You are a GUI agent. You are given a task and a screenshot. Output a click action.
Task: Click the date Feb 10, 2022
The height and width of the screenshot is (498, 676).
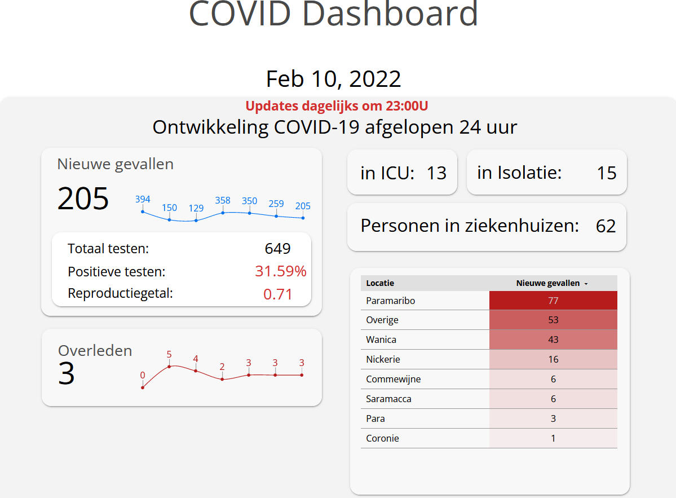[x=333, y=79]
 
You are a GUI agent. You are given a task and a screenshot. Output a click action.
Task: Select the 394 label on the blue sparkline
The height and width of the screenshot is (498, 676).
[x=143, y=199]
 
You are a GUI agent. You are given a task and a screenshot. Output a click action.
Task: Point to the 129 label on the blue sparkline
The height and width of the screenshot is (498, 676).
[x=196, y=208]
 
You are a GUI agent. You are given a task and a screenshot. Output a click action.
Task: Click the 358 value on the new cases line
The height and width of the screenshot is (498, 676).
[x=223, y=201]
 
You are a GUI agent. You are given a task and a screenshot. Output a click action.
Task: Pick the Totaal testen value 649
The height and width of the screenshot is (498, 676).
[x=277, y=249]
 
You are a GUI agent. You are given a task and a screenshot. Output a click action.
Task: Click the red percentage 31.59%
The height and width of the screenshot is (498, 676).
[x=281, y=271]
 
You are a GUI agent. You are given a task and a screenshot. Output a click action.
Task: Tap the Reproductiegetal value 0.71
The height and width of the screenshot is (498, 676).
[x=278, y=294]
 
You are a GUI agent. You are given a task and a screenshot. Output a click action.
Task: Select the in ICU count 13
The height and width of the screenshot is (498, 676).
[x=436, y=173]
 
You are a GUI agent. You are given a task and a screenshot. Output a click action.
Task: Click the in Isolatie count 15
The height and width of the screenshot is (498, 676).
[x=607, y=173]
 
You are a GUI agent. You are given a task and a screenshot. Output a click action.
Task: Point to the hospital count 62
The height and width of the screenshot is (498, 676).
[x=606, y=226]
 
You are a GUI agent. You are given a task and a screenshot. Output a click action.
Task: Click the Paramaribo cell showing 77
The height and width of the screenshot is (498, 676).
[x=553, y=301]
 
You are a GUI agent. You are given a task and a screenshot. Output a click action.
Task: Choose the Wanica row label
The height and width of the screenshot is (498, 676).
[x=381, y=340]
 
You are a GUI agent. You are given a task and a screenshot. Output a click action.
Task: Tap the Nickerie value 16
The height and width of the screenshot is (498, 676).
[x=553, y=359]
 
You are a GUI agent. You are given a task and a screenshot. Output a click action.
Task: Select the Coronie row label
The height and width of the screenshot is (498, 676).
[x=382, y=438]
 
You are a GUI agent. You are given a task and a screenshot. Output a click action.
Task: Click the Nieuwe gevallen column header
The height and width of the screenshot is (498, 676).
[x=548, y=283]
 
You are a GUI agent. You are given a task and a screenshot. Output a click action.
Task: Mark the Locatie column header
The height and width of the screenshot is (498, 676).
[x=380, y=283]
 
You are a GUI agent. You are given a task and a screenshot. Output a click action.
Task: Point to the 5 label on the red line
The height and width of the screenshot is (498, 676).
[x=169, y=355]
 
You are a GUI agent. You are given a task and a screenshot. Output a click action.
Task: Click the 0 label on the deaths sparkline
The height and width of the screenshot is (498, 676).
[x=143, y=375]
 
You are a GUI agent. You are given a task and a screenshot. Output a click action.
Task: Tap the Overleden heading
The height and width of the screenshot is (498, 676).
[x=95, y=350]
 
